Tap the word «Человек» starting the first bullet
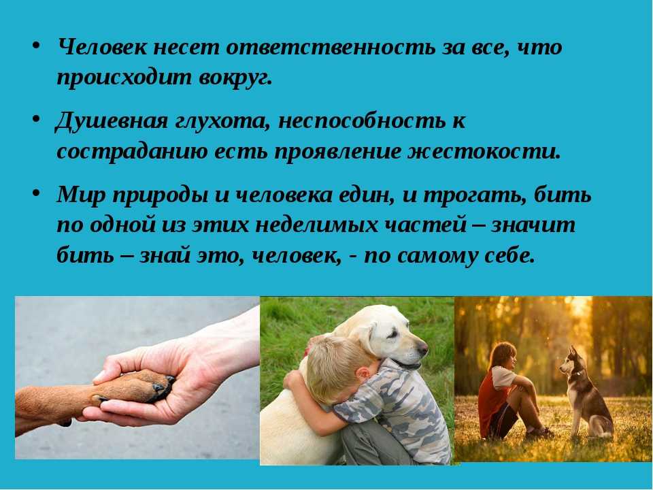tap(102, 47)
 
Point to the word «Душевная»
tap(112, 121)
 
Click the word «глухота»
tap(223, 122)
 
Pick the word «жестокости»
tap(484, 152)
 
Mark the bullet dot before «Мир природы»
tap(36, 193)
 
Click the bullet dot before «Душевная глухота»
tap(36, 120)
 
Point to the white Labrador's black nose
tap(422, 346)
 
